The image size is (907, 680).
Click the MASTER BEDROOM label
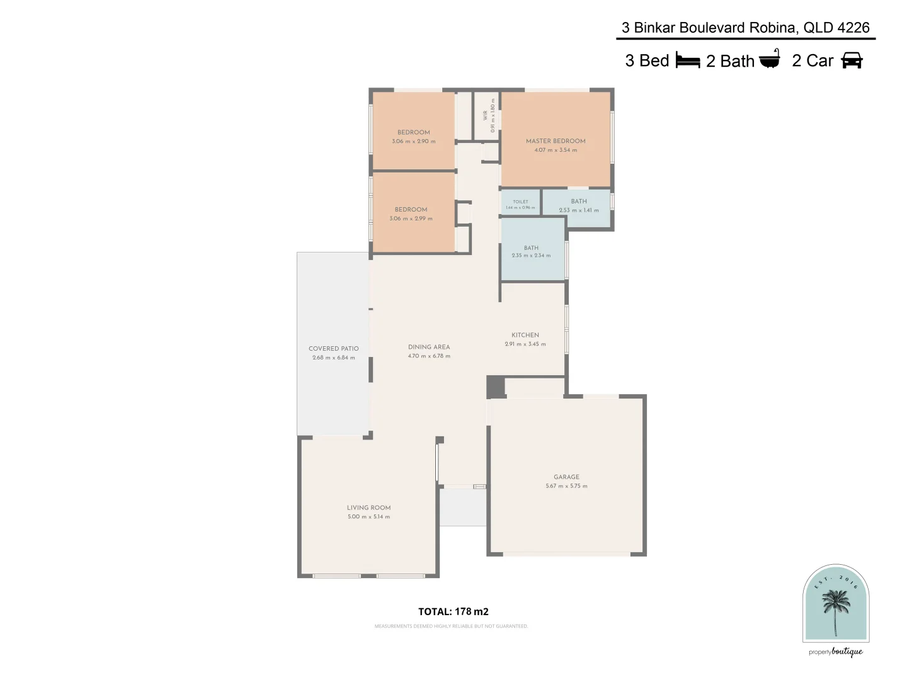coord(556,141)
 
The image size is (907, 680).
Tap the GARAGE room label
coord(566,477)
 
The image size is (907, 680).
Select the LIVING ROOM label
coord(368,508)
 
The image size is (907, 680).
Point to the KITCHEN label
coord(525,336)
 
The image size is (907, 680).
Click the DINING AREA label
coord(429,347)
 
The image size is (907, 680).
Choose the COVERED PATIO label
coord(333,349)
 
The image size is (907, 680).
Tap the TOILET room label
coord(520,201)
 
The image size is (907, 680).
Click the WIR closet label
coord(486,115)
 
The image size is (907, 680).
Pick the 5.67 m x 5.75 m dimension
coord(566,486)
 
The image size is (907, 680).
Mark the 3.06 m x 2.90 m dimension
coord(413,142)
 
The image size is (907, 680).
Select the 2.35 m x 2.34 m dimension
coord(531,256)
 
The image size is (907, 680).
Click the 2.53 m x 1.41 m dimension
coord(579,210)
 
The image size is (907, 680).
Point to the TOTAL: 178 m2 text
coord(453,611)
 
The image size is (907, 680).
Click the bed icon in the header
coord(688,60)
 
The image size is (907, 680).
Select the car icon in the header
coord(852,60)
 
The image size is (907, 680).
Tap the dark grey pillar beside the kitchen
coord(496,387)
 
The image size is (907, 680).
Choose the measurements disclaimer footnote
coord(451,626)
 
